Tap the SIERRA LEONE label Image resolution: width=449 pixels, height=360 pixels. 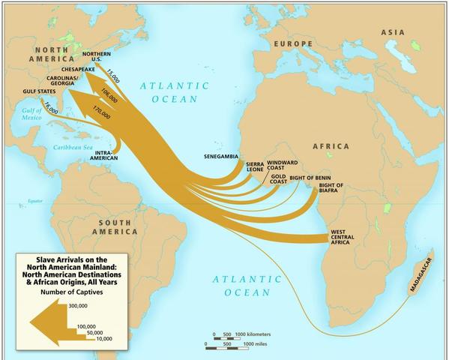click(x=256, y=166)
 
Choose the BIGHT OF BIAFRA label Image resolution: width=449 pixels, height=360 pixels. click(x=331, y=187)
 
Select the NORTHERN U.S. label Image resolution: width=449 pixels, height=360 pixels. click(x=97, y=57)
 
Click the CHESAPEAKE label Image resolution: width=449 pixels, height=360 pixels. click(x=77, y=69)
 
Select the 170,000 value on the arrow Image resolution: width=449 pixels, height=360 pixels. click(x=101, y=112)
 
